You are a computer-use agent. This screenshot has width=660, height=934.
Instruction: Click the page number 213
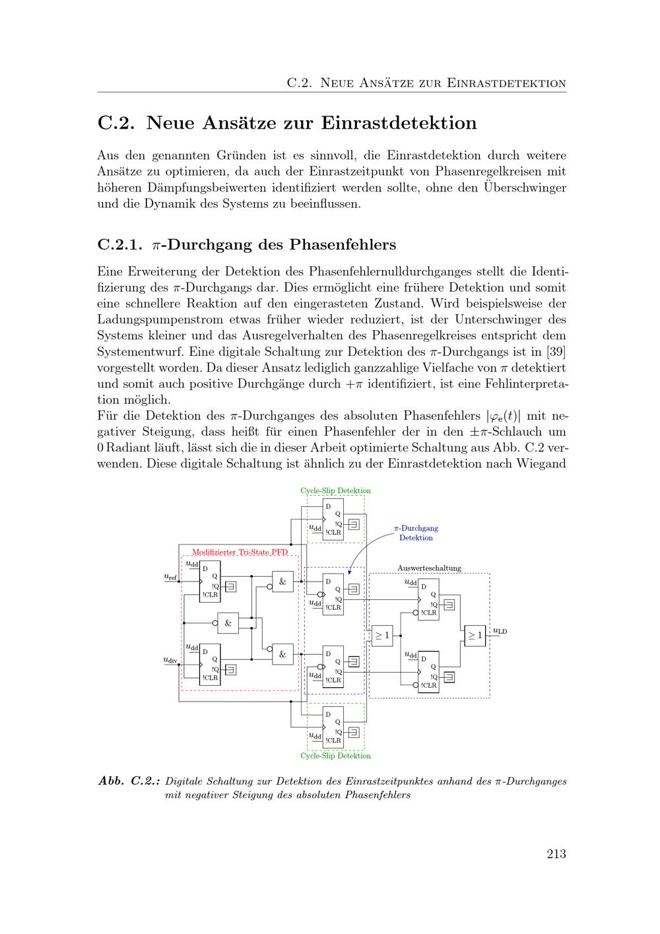coord(556,854)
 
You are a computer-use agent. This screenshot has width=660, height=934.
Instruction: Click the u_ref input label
coord(170,577)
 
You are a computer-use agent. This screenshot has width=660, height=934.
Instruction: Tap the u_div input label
coord(170,659)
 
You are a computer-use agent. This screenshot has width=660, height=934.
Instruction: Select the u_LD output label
coord(500,631)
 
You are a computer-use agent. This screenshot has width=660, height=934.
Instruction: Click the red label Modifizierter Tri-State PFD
coord(240,552)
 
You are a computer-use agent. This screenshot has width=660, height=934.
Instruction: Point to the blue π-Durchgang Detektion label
coord(416,533)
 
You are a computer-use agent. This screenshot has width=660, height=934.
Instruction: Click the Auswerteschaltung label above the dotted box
coord(429,568)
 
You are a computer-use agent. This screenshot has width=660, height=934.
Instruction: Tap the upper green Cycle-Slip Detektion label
coord(335,490)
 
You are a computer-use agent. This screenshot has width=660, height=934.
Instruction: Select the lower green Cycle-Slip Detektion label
coord(335,756)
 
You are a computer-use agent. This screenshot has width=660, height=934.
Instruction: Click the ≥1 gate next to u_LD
coord(475,635)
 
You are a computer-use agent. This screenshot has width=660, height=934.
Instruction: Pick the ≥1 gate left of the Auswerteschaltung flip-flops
coord(382,636)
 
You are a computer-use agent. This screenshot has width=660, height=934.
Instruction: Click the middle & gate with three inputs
coord(228,622)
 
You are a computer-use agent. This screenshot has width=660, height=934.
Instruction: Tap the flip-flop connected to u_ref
coord(210,582)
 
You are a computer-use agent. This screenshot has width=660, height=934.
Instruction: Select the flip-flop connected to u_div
coord(210,664)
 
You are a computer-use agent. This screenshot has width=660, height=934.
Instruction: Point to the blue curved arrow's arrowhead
coord(348,572)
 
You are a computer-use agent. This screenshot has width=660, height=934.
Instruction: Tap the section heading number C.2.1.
coord(119,245)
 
